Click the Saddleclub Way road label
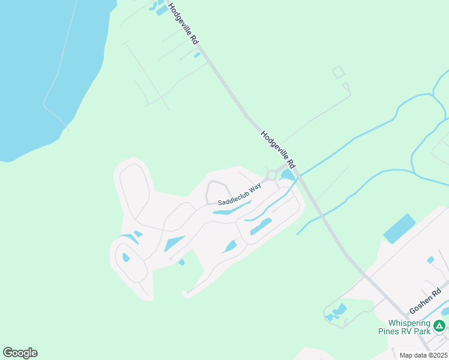pyautogui.click(x=240, y=195)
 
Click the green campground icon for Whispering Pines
pyautogui.click(x=439, y=326)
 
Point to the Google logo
pyautogui.click(x=20, y=353)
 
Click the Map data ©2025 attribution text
pyautogui.click(x=423, y=355)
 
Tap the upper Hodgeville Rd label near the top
pyautogui.click(x=184, y=24)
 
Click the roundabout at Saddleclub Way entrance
pyautogui.click(x=271, y=175)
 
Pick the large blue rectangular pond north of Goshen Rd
pyautogui.click(x=399, y=228)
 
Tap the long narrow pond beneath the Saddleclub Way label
pyautogui.click(x=232, y=209)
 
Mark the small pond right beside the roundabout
pyautogui.click(x=287, y=175)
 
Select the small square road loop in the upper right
pyautogui.click(x=339, y=73)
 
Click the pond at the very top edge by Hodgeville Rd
pyautogui.click(x=161, y=8)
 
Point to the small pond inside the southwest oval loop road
pyautogui.click(x=126, y=258)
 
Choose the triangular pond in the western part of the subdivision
pyautogui.click(x=174, y=244)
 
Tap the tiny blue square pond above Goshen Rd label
pyautogui.click(x=430, y=260)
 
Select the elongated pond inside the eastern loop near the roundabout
pyautogui.click(x=261, y=226)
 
